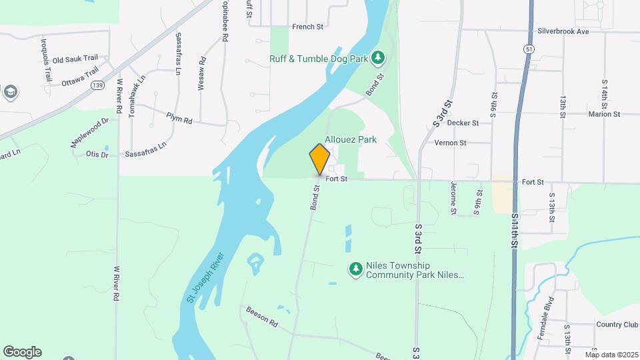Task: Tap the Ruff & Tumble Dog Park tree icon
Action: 378,58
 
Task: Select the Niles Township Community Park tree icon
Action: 356,269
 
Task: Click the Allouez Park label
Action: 351,140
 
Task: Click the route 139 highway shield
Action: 98,85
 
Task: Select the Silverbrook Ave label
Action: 564,31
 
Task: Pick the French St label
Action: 307,27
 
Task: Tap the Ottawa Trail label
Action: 79,76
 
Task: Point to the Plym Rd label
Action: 179,119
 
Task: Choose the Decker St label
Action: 463,123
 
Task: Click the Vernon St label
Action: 450,143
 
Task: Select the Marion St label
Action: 604,114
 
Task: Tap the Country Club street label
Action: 617,325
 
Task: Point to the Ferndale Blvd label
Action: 545,318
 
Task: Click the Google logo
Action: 22,351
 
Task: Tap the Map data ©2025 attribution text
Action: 611,355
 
